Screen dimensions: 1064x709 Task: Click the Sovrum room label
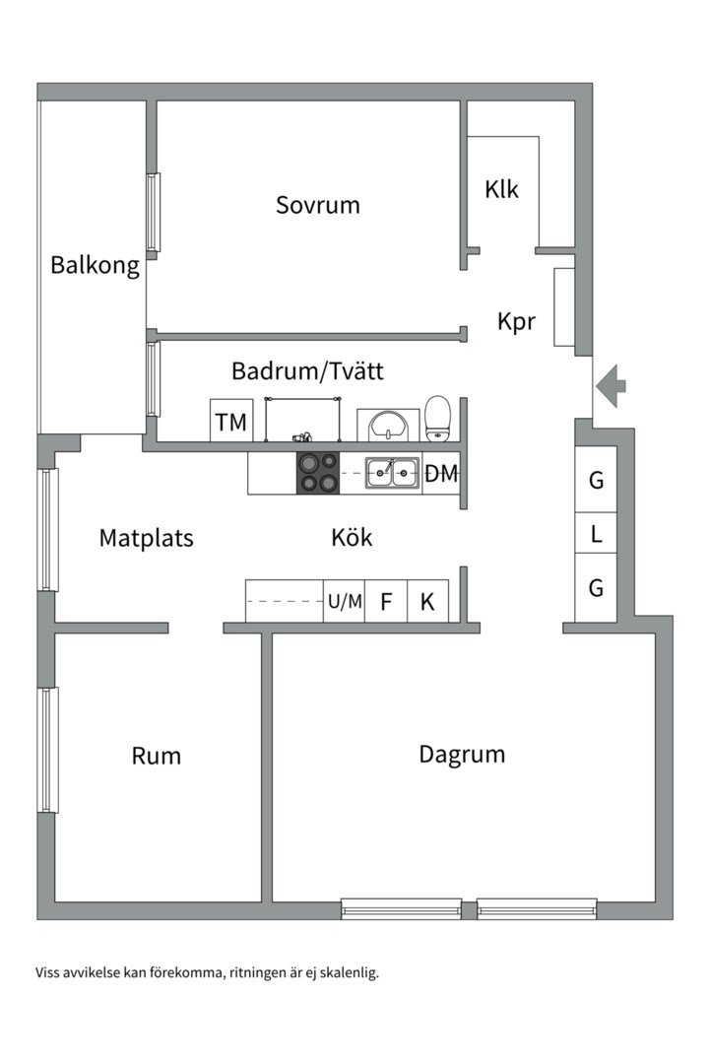317,205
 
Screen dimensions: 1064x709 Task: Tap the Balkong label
95,265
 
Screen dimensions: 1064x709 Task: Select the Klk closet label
501,189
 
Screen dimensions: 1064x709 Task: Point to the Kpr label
516,321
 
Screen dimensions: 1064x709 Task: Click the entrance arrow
612,385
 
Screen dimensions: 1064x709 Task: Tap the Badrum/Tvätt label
307,371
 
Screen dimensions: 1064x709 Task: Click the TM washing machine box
231,422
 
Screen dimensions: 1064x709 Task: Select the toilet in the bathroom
438,418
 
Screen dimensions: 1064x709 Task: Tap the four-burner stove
318,473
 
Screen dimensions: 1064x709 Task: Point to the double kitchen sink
393,473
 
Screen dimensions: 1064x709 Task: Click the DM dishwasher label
441,474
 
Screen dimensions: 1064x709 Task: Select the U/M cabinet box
345,602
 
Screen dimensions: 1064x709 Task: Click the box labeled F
386,602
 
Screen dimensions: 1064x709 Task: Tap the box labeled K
427,602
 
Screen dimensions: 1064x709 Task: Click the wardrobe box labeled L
596,534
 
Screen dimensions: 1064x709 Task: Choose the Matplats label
147,538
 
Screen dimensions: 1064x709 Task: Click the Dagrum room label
462,755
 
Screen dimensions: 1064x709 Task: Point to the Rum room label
157,756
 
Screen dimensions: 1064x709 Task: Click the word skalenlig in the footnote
346,972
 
